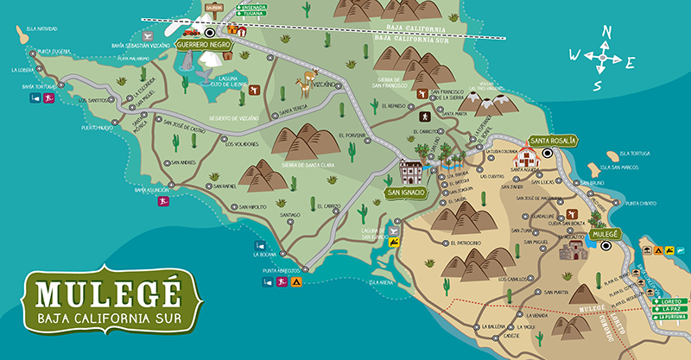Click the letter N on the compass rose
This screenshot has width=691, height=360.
(606, 32)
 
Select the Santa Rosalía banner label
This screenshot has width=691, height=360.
(554, 140)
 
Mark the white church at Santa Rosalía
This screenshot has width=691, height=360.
(526, 158)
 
